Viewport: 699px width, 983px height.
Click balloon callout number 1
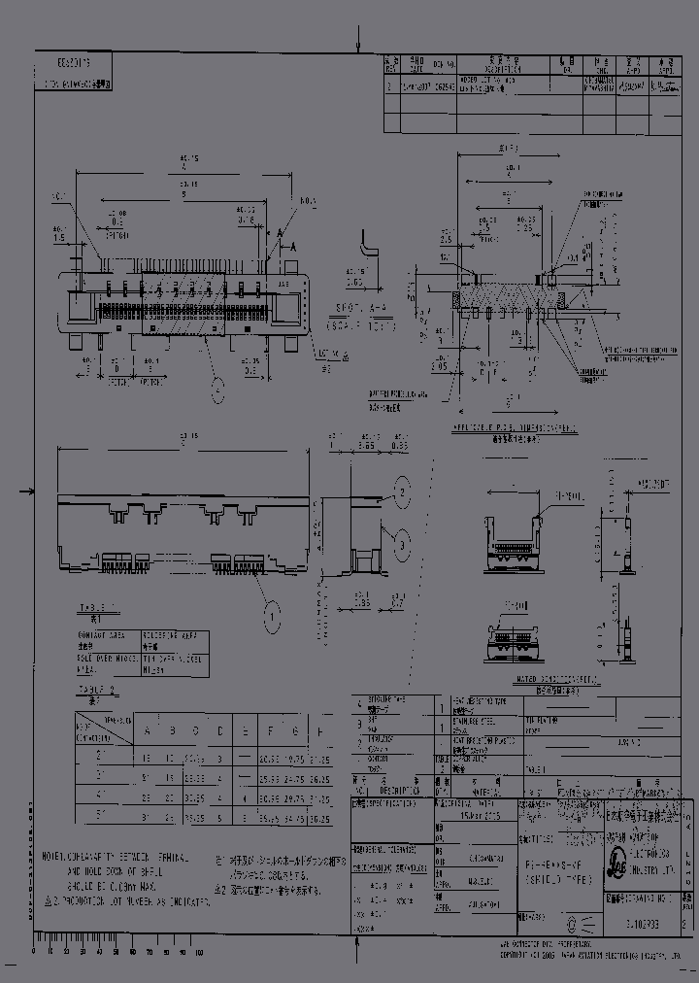[x=274, y=614]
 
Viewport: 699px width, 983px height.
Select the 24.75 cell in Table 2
[x=293, y=778]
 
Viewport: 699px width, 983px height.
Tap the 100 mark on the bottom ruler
[x=199, y=952]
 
